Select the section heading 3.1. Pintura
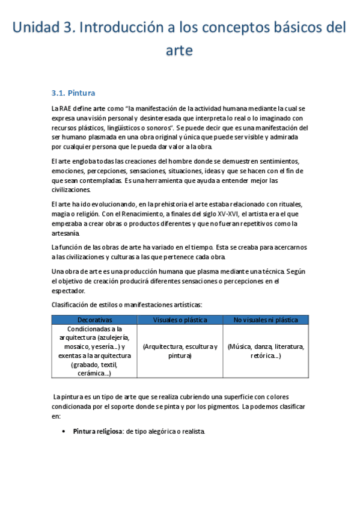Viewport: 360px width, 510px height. tap(73, 93)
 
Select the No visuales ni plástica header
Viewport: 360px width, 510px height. tap(266, 320)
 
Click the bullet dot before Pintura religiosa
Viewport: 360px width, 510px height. tap(64, 432)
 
